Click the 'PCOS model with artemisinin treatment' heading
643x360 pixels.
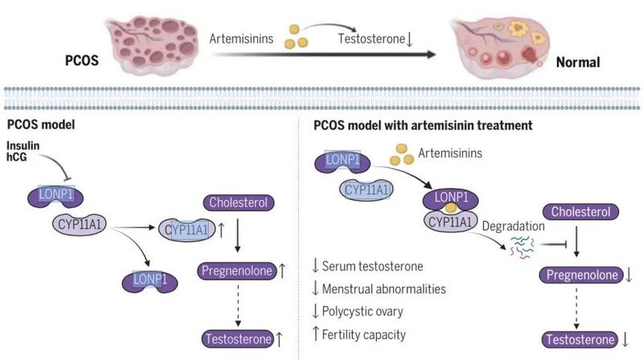click(x=422, y=125)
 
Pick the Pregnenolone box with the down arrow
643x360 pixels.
click(x=579, y=275)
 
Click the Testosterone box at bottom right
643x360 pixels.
click(x=580, y=338)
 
